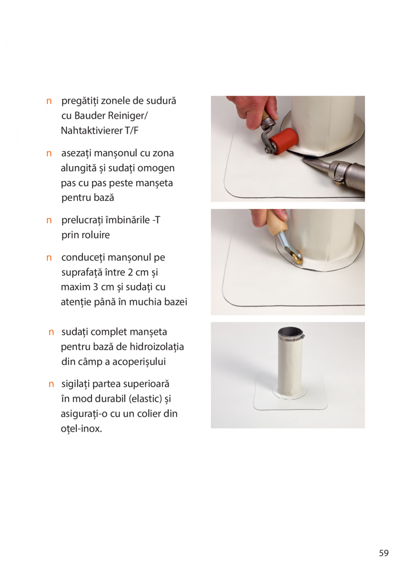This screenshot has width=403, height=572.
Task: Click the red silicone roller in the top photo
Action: pyautogui.click(x=284, y=140)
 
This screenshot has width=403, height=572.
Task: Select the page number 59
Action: pyautogui.click(x=384, y=553)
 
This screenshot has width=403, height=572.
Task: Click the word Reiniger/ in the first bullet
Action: pyautogui.click(x=126, y=116)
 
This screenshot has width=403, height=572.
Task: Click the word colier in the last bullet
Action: pyautogui.click(x=148, y=414)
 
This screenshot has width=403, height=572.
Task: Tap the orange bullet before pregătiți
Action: pyautogui.click(x=49, y=101)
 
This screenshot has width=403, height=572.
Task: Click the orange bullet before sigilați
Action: pyautogui.click(x=51, y=384)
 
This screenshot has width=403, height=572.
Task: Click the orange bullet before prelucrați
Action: pyautogui.click(x=49, y=220)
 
